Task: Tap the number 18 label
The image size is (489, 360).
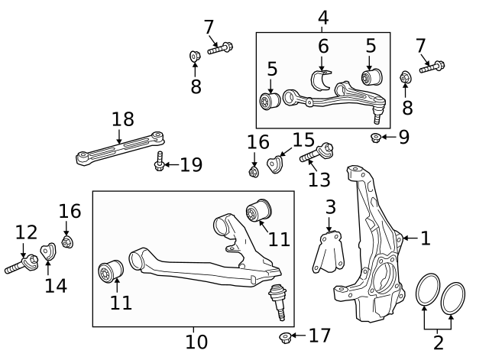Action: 122,119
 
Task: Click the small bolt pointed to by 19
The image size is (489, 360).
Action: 159,163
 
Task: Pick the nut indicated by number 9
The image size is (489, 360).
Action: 375,138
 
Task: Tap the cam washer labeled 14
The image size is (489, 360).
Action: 47,250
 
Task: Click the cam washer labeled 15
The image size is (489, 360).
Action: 276,162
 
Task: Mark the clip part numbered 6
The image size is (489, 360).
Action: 323,81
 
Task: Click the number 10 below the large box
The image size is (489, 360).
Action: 196,342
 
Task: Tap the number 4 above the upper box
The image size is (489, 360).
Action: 323,16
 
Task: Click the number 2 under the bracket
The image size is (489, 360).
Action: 438,342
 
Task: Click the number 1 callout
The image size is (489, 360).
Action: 425,238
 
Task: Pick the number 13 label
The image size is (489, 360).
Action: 320,179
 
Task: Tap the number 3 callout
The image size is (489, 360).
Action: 330,207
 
